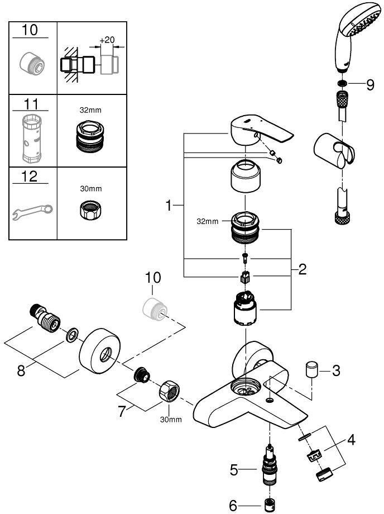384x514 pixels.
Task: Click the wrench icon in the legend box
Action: [32, 211]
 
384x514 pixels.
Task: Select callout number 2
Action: [302, 270]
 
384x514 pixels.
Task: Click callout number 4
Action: [351, 440]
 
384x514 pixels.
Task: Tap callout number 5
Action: [236, 470]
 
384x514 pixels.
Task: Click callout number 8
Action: [21, 370]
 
